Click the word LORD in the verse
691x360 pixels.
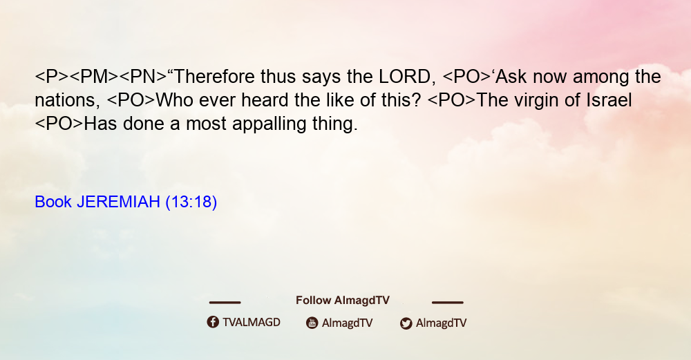(404, 77)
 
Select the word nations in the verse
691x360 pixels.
(65, 101)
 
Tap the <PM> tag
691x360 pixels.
(94, 77)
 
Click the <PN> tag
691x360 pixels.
(143, 77)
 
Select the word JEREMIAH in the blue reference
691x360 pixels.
(118, 202)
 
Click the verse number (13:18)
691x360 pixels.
(191, 202)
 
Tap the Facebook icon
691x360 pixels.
(213, 322)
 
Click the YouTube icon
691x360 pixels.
(312, 323)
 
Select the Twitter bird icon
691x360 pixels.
(406, 323)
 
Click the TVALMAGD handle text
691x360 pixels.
(252, 323)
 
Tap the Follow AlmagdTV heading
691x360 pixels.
(343, 301)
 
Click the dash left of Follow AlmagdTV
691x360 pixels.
(225, 303)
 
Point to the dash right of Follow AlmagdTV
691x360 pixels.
(447, 303)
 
